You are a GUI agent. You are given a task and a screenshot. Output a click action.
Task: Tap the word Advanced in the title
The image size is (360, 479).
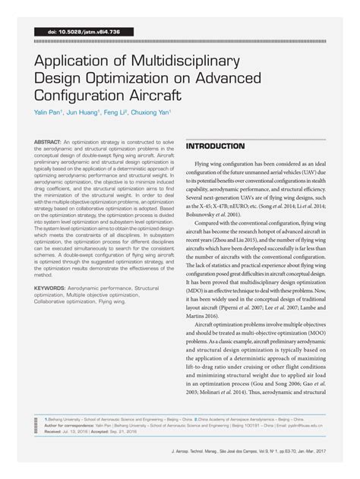click(x=228, y=78)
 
